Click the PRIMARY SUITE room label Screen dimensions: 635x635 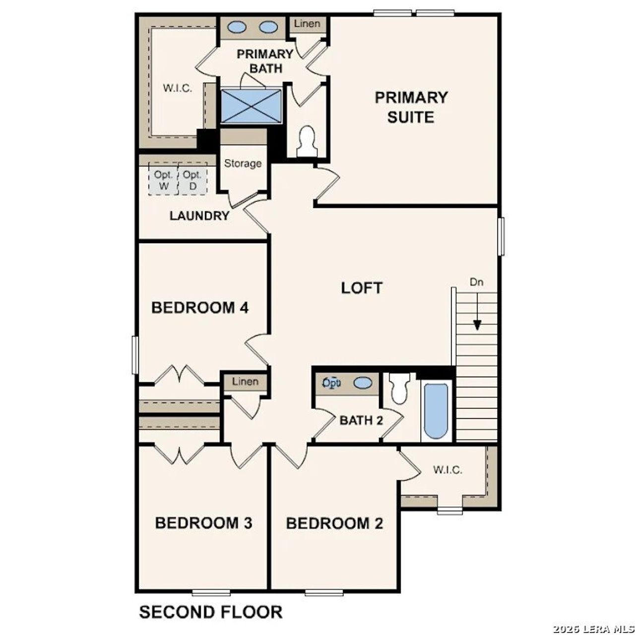411,107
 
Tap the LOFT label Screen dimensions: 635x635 362,288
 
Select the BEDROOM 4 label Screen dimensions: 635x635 199,308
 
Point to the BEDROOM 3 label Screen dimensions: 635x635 203,523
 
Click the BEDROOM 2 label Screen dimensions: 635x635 334,523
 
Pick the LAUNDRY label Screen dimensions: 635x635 199,216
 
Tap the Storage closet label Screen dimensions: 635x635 243,163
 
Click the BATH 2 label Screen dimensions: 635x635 361,421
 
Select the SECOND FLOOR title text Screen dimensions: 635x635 211,612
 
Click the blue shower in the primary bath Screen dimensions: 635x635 251,105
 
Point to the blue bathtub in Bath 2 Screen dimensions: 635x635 437,410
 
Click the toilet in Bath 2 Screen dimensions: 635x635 399,387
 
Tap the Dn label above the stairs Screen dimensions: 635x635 476,282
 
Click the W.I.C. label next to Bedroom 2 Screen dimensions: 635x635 447,469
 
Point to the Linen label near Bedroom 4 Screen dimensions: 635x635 245,381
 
